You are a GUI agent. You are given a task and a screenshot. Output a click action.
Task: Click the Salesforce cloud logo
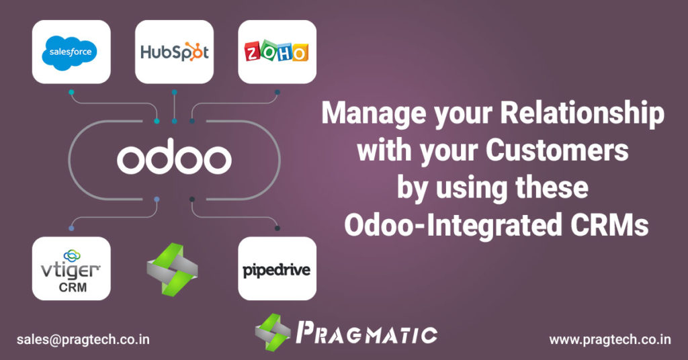click(x=71, y=52)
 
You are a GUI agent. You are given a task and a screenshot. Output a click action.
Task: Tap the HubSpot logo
click(x=174, y=52)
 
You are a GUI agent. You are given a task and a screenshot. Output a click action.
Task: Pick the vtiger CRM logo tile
click(x=71, y=268)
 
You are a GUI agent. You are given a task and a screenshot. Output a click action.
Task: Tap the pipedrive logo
click(x=277, y=271)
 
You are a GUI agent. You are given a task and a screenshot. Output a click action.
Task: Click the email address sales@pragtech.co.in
click(x=83, y=339)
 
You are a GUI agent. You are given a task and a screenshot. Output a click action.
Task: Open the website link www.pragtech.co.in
click(x=609, y=339)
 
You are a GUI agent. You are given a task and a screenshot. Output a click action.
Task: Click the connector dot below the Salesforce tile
click(x=71, y=91)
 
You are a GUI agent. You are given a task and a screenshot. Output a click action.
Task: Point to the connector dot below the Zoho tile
click(x=277, y=91)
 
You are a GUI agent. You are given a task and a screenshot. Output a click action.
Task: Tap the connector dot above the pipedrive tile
click(x=277, y=228)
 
